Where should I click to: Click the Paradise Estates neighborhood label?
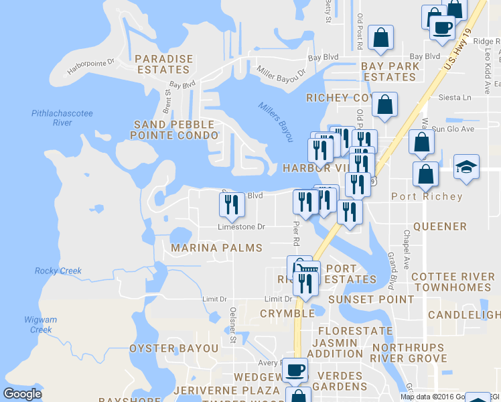[164, 64]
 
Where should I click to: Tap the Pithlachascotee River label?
[62, 118]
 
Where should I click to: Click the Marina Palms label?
[216, 248]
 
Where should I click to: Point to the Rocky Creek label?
[58, 271]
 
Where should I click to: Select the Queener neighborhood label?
[439, 226]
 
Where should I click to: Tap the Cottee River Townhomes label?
[453, 282]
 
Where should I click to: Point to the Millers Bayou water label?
[276, 121]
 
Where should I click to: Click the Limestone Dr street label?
[241, 227]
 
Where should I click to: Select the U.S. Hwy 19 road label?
[460, 52]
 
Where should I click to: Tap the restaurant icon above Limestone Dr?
[232, 204]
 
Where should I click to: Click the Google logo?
[23, 393]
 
